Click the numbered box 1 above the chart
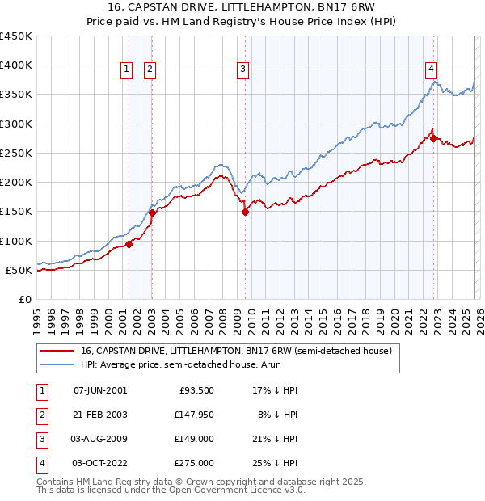click(x=128, y=70)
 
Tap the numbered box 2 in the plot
click(x=150, y=70)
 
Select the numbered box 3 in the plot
click(x=242, y=70)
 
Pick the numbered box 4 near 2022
click(x=432, y=70)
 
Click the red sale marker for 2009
click(x=245, y=213)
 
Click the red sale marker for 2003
click(x=152, y=213)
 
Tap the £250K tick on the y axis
click(x=16, y=153)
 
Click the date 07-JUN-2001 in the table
click(x=100, y=389)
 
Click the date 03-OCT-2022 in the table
click(x=100, y=463)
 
